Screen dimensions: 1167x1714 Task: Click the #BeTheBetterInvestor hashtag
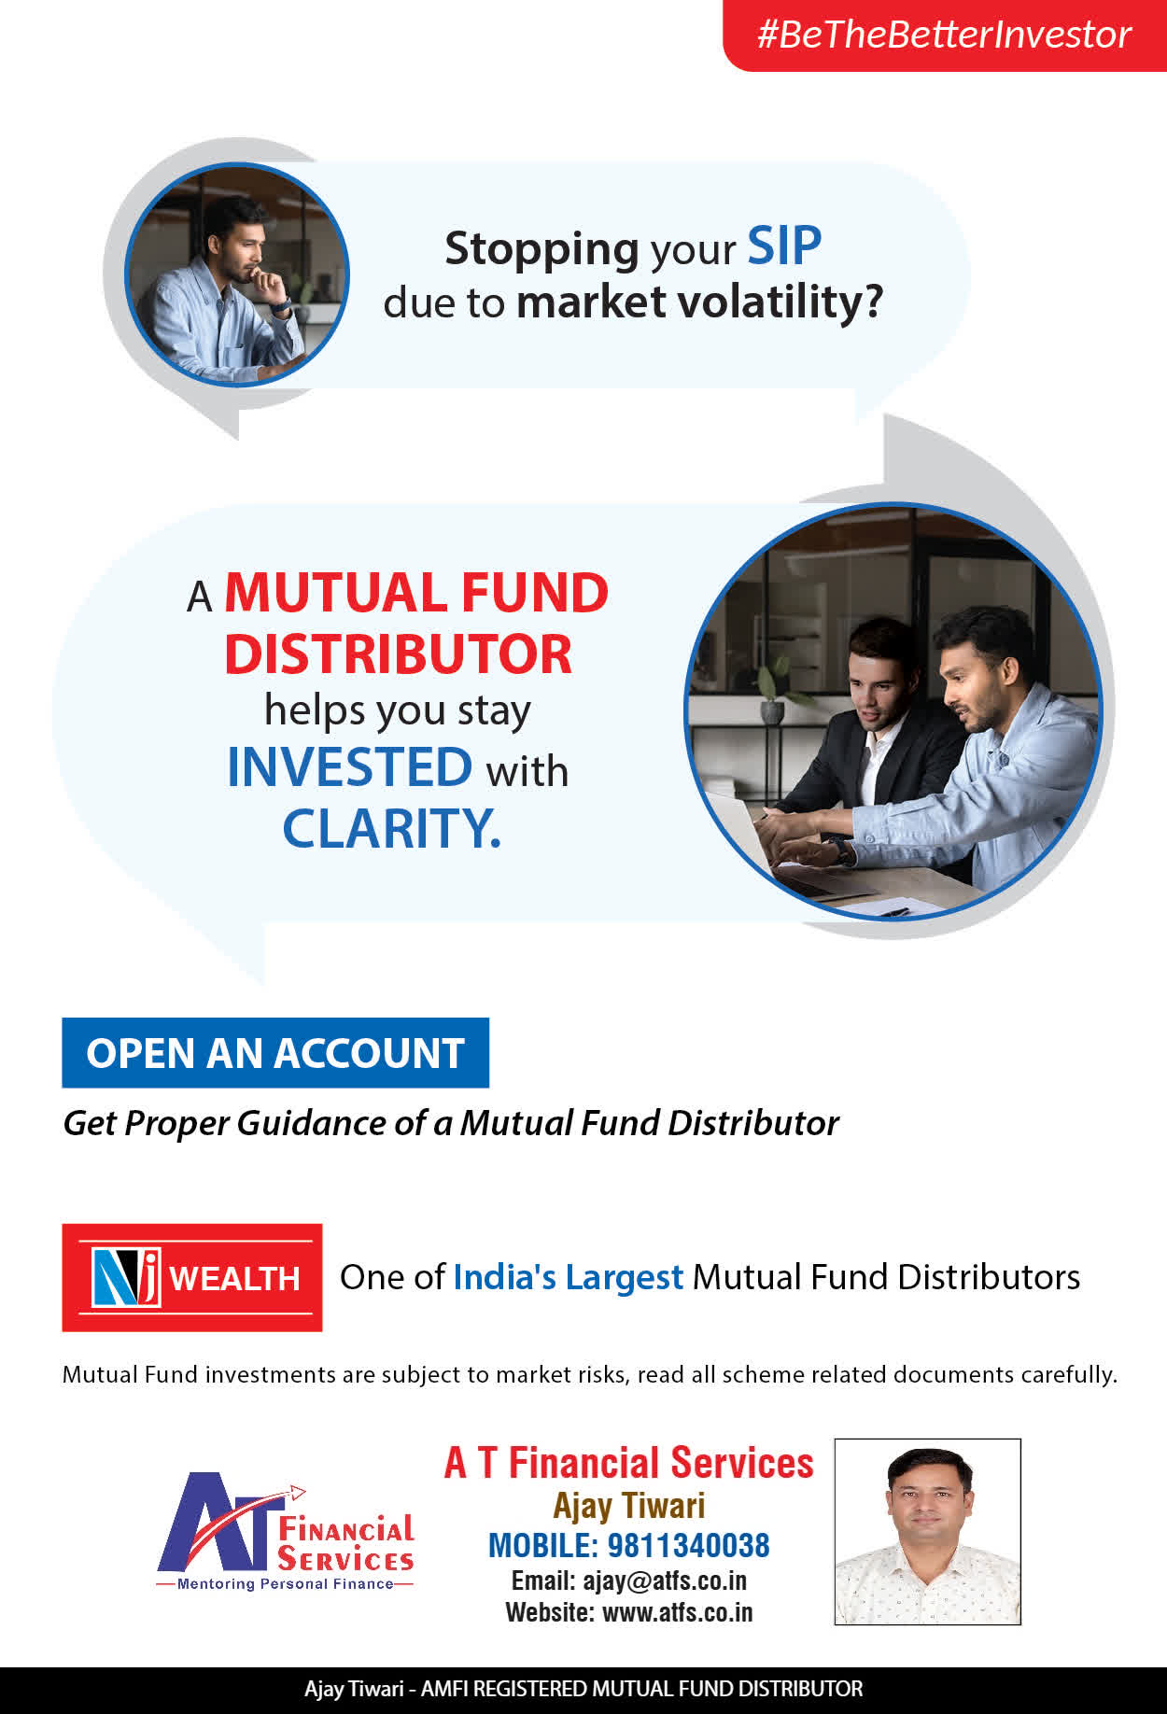[944, 35]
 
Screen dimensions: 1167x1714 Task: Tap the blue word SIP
[784, 246]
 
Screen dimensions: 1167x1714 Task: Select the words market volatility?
[699, 302]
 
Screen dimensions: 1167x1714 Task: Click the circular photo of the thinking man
[236, 274]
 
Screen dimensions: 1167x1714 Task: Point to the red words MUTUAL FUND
[416, 593]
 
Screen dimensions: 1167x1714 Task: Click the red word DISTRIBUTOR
[398, 653]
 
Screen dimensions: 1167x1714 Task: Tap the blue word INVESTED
[350, 767]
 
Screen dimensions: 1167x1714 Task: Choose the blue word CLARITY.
[391, 828]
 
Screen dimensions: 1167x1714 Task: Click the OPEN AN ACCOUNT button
[275, 1053]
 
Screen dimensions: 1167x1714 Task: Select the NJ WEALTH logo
[192, 1277]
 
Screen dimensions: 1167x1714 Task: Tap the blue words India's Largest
[569, 1277]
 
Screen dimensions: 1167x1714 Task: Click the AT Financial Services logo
[286, 1531]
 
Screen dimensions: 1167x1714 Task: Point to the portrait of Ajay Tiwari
[927, 1532]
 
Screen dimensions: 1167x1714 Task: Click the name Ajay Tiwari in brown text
[629, 1506]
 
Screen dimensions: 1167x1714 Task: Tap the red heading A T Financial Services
[629, 1463]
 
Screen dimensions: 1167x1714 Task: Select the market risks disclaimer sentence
[590, 1374]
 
